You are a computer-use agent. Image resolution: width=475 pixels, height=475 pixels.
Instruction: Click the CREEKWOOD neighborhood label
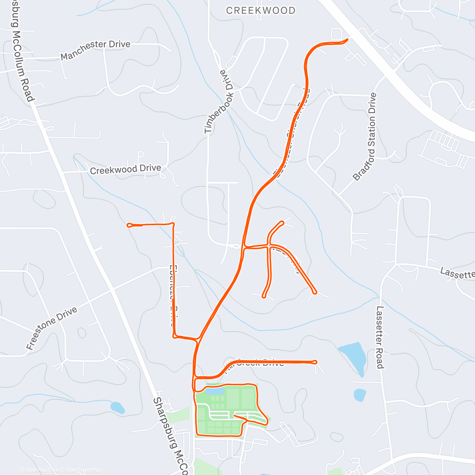[260, 11]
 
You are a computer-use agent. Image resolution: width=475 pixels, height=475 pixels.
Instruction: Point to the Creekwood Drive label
[125, 169]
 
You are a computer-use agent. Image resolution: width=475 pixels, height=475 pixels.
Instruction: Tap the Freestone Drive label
[51, 329]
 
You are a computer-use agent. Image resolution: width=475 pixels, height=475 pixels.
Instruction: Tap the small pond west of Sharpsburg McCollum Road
[117, 407]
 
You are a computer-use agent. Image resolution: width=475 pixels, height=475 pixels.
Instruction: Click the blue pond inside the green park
[214, 391]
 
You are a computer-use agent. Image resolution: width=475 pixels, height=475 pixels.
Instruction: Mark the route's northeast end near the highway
[347, 39]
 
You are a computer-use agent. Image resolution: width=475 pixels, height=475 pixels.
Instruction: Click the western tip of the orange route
[128, 225]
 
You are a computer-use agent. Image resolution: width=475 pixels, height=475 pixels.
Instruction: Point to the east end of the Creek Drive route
[315, 362]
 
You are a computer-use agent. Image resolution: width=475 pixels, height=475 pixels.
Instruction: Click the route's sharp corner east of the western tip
[173, 224]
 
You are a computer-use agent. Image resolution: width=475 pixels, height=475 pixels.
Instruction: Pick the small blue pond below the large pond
[359, 395]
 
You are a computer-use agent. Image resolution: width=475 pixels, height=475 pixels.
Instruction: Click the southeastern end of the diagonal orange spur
[314, 292]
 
